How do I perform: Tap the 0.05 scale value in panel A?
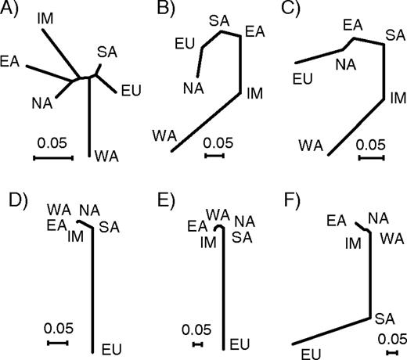(x=52, y=143)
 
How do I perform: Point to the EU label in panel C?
(x=301, y=77)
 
